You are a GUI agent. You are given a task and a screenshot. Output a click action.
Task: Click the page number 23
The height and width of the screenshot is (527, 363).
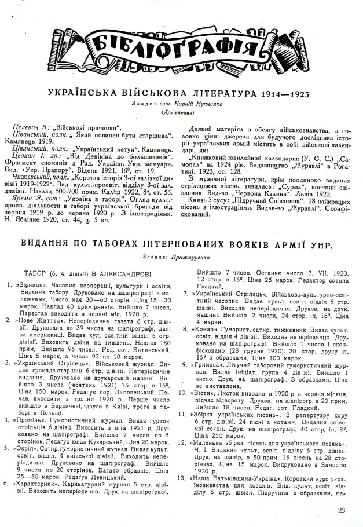340,510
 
